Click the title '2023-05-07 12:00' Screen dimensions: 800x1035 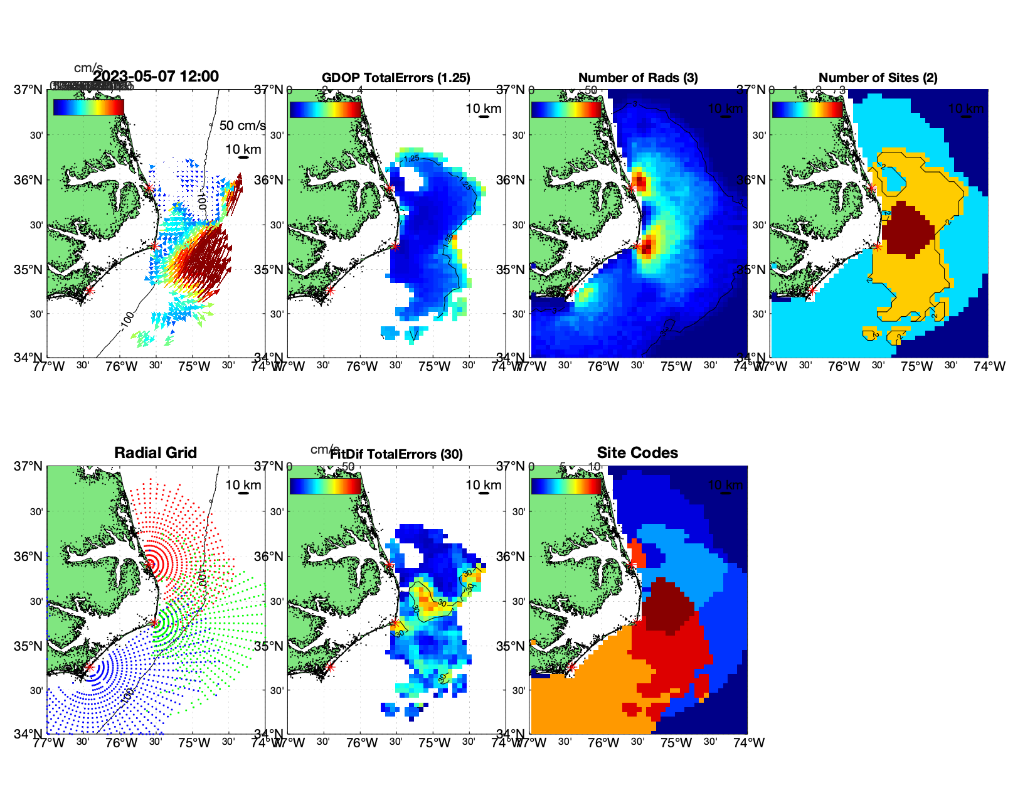[156, 77]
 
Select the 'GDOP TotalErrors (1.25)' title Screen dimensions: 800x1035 [396, 78]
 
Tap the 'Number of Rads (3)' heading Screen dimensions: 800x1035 [638, 78]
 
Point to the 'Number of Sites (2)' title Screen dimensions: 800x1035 [878, 78]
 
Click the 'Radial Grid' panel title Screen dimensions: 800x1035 [156, 453]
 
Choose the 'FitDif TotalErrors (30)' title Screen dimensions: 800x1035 [396, 454]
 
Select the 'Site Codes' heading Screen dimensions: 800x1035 [637, 453]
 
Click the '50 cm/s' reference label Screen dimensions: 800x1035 [242, 125]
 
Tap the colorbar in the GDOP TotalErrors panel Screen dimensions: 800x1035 [325, 109]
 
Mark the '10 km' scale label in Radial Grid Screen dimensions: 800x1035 [243, 485]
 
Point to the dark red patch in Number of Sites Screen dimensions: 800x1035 [908, 229]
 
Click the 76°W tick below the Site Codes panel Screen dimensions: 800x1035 [603, 743]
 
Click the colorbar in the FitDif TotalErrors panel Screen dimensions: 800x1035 [325, 486]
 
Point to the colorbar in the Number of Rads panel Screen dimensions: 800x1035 [566, 109]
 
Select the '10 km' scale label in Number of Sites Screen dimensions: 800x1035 [966, 109]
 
